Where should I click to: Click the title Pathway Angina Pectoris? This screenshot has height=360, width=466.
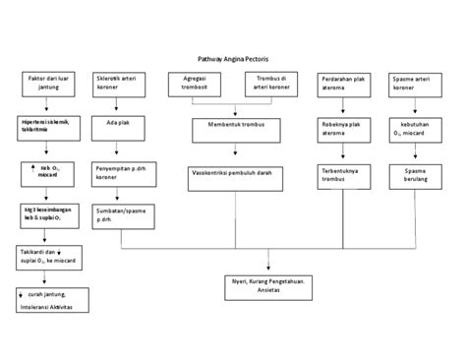coord(232,59)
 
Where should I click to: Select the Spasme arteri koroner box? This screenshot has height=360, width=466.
coord(414,83)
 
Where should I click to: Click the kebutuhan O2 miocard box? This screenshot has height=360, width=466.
coord(414,129)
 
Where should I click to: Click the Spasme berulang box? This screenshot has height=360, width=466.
coord(414,173)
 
